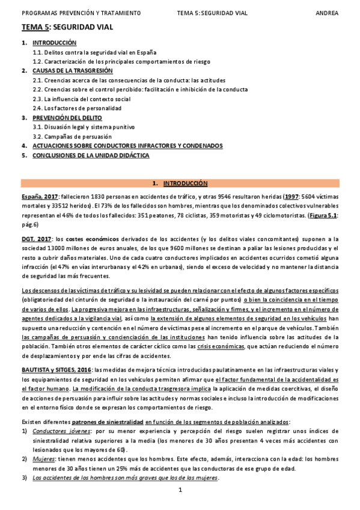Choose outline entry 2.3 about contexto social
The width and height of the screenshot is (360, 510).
[81, 99]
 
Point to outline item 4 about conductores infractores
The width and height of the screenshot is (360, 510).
[127, 146]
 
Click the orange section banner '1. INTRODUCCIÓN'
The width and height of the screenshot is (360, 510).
[180, 182]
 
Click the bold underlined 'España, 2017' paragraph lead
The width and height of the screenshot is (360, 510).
[40, 197]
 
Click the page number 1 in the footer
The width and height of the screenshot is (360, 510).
[180, 491]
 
